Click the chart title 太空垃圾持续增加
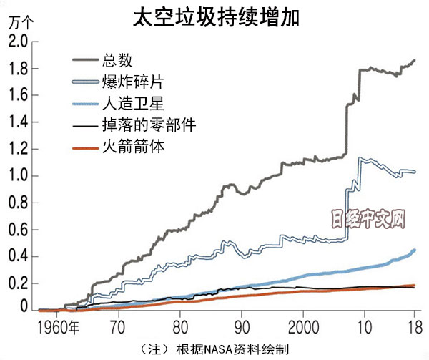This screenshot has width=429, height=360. [214, 18]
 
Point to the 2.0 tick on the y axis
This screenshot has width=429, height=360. [18, 42]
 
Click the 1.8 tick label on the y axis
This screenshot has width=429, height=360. [18, 69]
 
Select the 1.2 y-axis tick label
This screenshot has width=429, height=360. [18, 149]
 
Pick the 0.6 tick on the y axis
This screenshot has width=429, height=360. [18, 230]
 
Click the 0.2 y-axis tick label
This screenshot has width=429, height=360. [18, 283]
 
